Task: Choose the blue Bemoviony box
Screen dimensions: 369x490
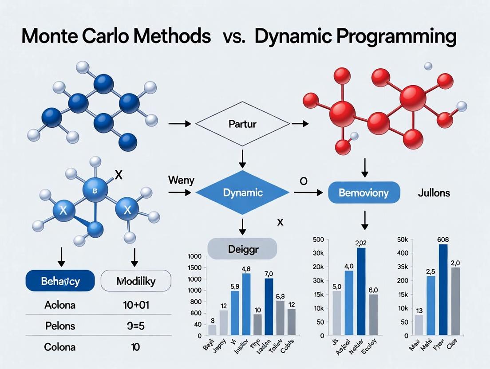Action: [364, 193]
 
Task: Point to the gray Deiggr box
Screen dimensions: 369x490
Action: [242, 248]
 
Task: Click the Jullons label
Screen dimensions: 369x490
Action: [434, 193]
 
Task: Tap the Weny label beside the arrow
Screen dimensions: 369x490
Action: [179, 181]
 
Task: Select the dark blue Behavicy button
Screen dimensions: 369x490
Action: [60, 281]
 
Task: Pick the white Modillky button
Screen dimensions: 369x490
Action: [136, 281]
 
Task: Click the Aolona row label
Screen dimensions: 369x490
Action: [60, 305]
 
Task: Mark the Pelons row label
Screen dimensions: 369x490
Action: [60, 326]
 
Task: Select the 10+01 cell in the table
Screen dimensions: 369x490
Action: [136, 305]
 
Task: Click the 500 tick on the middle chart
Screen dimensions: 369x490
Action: [319, 240]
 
